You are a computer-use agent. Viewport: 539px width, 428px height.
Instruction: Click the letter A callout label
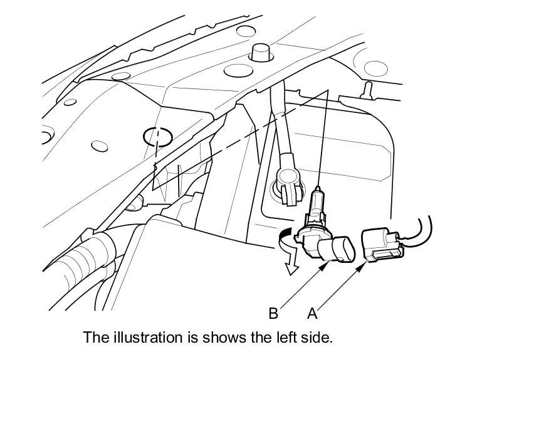311,313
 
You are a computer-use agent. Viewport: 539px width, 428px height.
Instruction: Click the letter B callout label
273,313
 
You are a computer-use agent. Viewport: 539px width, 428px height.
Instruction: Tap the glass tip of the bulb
318,195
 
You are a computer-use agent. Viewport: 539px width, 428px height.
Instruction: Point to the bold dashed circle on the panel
157,136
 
